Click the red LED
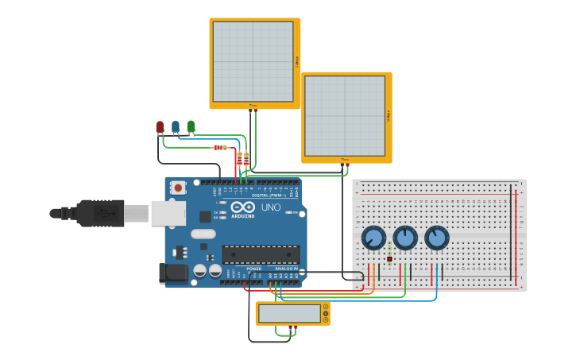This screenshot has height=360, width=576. pyautogui.click(x=160, y=126)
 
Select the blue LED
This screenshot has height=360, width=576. pyautogui.click(x=176, y=126)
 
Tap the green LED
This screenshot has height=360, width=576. pyautogui.click(x=191, y=126)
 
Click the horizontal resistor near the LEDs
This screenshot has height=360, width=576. pyautogui.click(x=220, y=147)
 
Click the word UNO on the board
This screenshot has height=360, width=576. pyautogui.click(x=271, y=207)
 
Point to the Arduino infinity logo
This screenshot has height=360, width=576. pyautogui.click(x=243, y=207)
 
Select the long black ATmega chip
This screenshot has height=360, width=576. pyautogui.click(x=261, y=254)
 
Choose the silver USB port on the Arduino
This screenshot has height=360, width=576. pyautogui.click(x=168, y=213)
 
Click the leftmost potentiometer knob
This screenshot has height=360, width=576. pyautogui.click(x=373, y=238)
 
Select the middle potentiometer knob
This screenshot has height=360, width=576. pyautogui.click(x=405, y=238)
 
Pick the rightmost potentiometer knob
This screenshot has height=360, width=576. pyautogui.click(x=436, y=238)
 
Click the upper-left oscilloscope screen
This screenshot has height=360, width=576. pyautogui.click(x=253, y=61)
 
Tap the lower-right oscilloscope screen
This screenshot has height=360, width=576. pyautogui.click(x=345, y=116)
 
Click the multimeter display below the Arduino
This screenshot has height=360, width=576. pyautogui.click(x=289, y=313)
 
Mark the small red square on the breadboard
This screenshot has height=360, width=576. pyautogui.click(x=389, y=259)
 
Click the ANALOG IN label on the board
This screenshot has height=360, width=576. pyautogui.click(x=286, y=269)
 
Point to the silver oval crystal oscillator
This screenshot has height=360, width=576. pyautogui.click(x=203, y=234)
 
